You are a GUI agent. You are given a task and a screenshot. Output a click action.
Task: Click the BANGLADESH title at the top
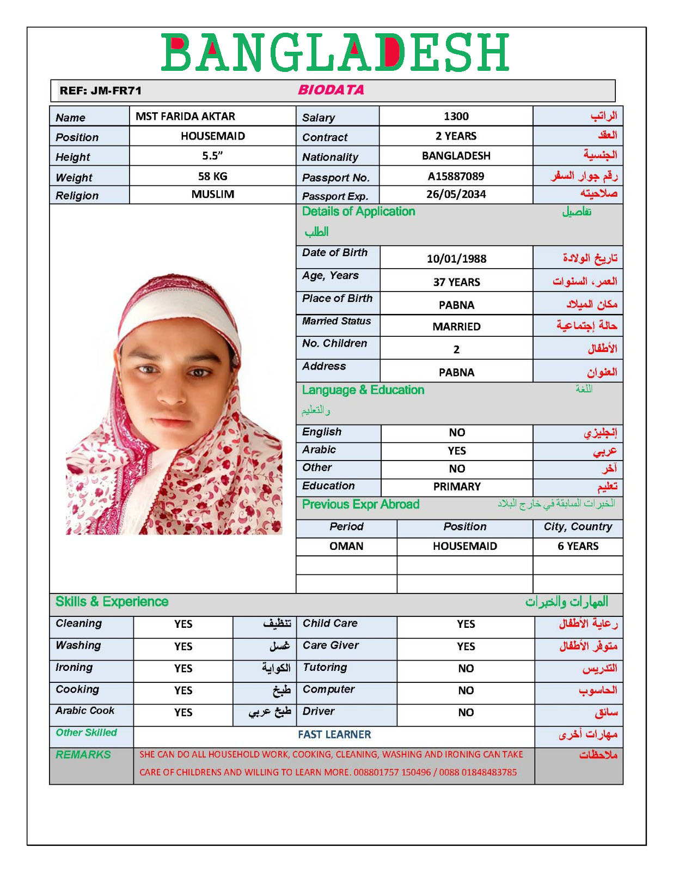click(x=335, y=52)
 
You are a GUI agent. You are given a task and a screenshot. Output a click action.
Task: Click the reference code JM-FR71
click(x=116, y=91)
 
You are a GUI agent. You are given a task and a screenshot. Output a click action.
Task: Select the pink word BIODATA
click(x=331, y=90)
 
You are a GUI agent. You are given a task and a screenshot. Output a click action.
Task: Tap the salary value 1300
click(x=456, y=116)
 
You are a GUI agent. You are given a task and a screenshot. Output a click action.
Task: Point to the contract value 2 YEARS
click(x=456, y=136)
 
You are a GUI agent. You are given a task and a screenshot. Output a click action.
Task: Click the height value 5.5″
click(x=212, y=156)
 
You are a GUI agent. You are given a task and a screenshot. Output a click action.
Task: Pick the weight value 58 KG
click(x=212, y=176)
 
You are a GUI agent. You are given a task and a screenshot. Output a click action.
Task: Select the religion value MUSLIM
click(x=212, y=194)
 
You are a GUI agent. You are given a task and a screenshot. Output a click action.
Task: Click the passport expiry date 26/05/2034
click(x=456, y=194)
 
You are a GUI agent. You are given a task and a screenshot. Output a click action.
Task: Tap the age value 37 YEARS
click(x=456, y=282)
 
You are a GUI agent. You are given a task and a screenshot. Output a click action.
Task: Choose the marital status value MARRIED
click(x=456, y=326)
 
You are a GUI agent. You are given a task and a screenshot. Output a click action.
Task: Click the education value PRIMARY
click(x=457, y=486)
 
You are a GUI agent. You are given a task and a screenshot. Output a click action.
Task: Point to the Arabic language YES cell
click(x=457, y=451)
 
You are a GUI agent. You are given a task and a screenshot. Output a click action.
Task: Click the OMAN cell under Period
click(x=346, y=546)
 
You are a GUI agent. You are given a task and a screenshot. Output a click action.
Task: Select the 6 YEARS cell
click(x=578, y=546)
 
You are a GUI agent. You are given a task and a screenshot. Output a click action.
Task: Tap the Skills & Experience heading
click(x=112, y=602)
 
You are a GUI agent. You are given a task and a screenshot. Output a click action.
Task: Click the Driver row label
click(x=319, y=711)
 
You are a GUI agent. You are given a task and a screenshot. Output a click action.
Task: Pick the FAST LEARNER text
click(x=334, y=735)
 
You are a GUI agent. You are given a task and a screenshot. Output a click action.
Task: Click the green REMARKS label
click(x=83, y=755)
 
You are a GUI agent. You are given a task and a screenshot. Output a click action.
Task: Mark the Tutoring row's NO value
click(x=466, y=668)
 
